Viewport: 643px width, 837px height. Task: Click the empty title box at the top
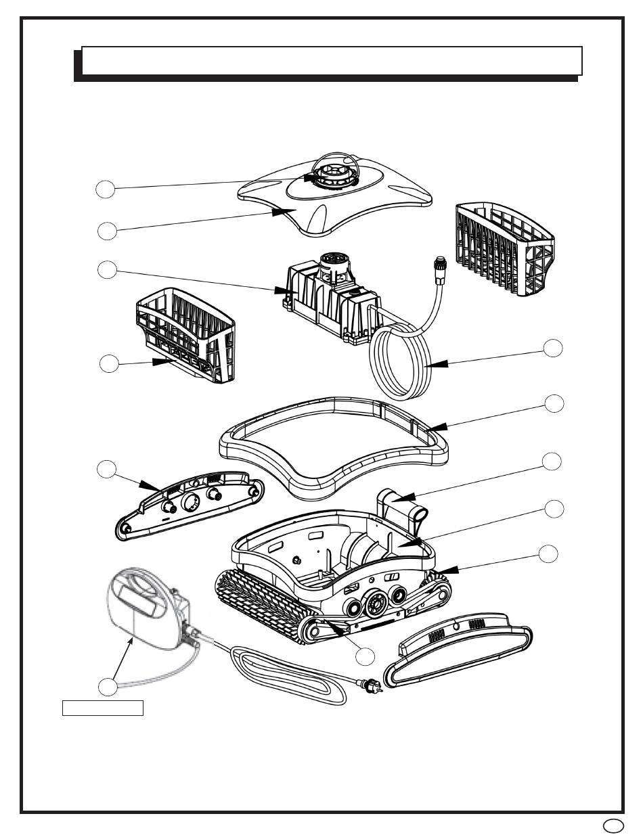(x=332, y=61)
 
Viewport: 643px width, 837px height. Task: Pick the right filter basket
(x=504, y=250)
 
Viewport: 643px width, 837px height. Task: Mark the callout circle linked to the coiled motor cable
(x=554, y=348)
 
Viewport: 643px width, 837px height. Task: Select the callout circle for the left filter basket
(x=108, y=363)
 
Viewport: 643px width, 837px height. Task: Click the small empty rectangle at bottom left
(x=103, y=708)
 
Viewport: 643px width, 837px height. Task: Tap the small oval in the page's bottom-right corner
(x=611, y=825)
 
